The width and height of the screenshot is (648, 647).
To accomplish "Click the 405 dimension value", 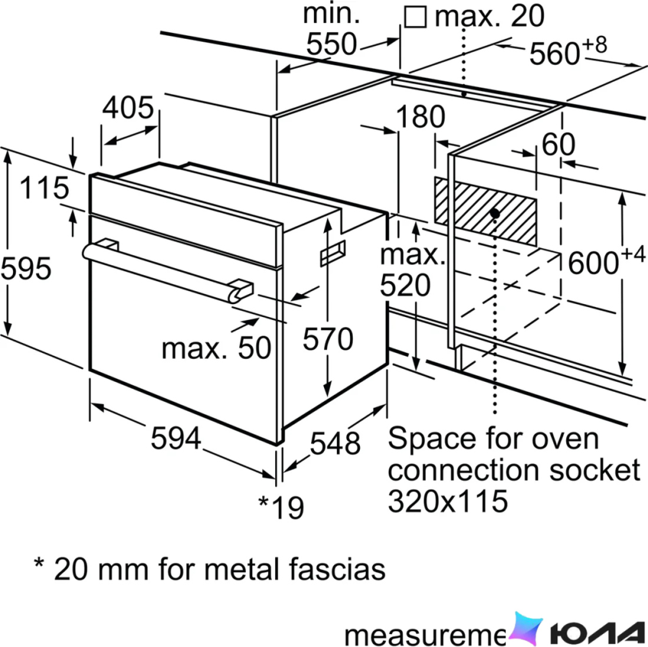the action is [x=128, y=107].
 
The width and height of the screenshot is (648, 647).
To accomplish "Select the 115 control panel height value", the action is [x=44, y=187].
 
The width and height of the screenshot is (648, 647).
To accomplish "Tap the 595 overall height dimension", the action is [x=26, y=268].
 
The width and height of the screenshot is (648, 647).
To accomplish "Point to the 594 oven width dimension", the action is [x=176, y=438].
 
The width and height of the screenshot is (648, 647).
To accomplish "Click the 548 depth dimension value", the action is [x=335, y=443].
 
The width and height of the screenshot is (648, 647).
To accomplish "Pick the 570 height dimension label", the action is [x=328, y=339].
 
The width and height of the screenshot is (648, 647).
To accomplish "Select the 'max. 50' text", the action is [x=216, y=348].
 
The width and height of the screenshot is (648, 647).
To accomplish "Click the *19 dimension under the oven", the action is [x=281, y=506].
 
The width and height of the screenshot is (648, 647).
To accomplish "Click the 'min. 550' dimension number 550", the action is [x=332, y=44].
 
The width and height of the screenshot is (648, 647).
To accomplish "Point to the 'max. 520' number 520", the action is [x=405, y=285].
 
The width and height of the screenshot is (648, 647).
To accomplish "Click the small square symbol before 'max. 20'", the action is [x=415, y=16].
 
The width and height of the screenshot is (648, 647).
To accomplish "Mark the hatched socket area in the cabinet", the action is [x=485, y=211].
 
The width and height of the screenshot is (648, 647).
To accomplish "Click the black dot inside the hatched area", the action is [x=495, y=213].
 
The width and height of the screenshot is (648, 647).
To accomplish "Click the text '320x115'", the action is [x=448, y=501].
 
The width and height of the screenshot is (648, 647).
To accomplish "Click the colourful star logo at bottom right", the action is [x=525, y=629].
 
